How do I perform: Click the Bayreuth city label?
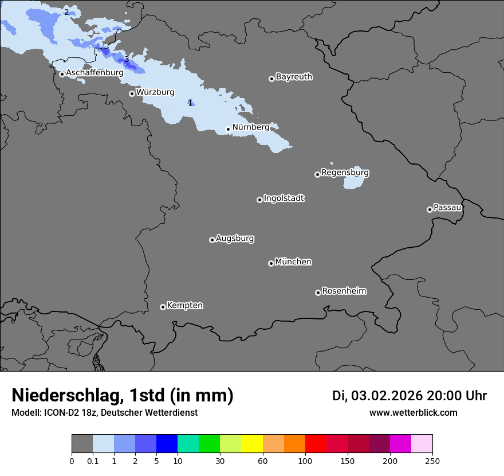click(294, 77)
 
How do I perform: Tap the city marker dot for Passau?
click(430, 209)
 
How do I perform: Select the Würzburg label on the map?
click(155, 92)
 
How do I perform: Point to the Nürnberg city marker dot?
click(228, 129)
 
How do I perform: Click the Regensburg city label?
click(345, 173)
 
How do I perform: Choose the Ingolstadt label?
click(284, 198)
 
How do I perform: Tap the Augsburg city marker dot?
click(212, 240)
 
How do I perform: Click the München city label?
click(293, 262)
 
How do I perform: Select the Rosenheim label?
click(344, 291)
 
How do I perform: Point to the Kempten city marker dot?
click(163, 307)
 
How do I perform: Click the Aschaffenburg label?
click(94, 73)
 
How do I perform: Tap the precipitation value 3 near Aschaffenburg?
click(127, 59)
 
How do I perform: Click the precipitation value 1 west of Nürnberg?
click(190, 103)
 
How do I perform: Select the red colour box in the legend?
click(316, 444)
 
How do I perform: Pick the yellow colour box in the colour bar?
click(252, 444)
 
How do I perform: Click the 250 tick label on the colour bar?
click(432, 461)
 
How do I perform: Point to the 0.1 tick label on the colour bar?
click(93, 461)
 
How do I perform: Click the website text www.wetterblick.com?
click(413, 413)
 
